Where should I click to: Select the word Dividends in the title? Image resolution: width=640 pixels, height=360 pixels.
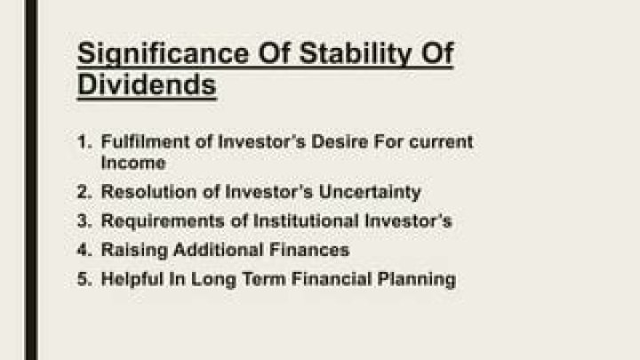coord(147,85)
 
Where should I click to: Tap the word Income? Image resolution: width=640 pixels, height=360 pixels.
coord(132,163)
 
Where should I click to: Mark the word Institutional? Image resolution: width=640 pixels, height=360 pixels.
coord(306,221)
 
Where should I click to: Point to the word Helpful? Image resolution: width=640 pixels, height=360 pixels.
coord(132,280)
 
